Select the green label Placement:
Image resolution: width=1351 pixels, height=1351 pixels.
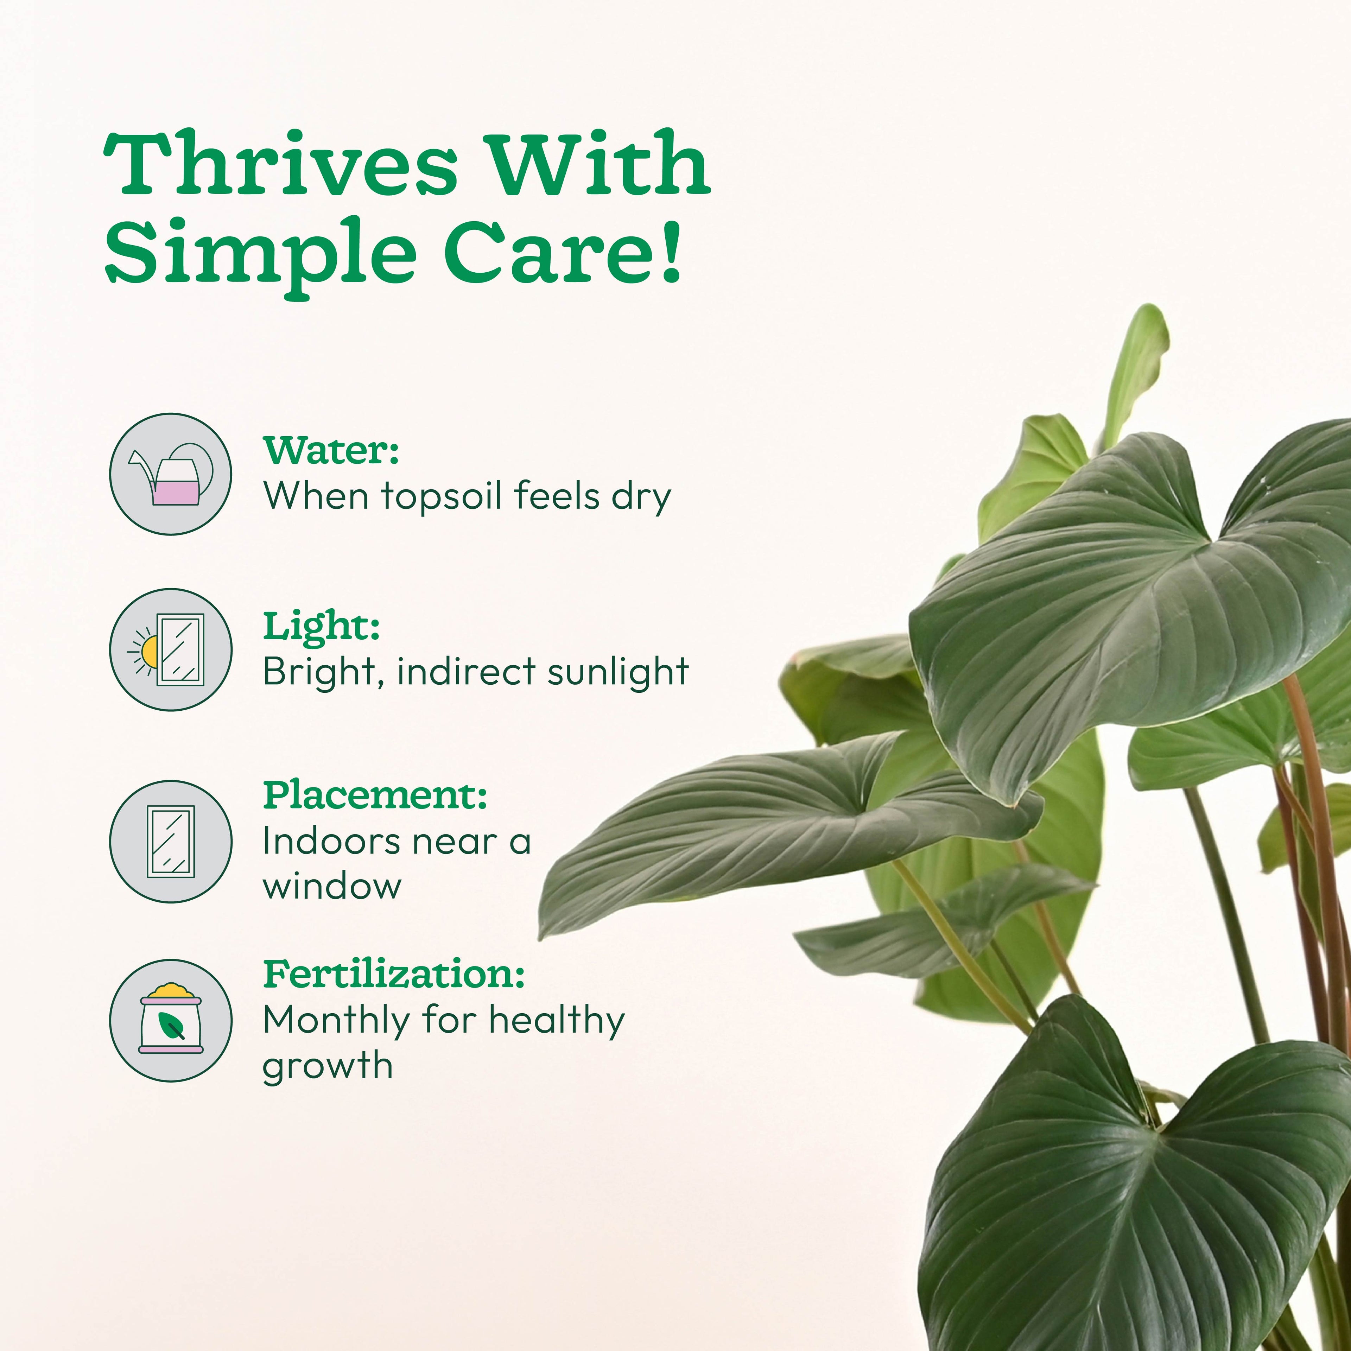375,795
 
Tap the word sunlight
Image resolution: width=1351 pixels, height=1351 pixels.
618,672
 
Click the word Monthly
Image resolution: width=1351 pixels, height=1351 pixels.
336,1021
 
